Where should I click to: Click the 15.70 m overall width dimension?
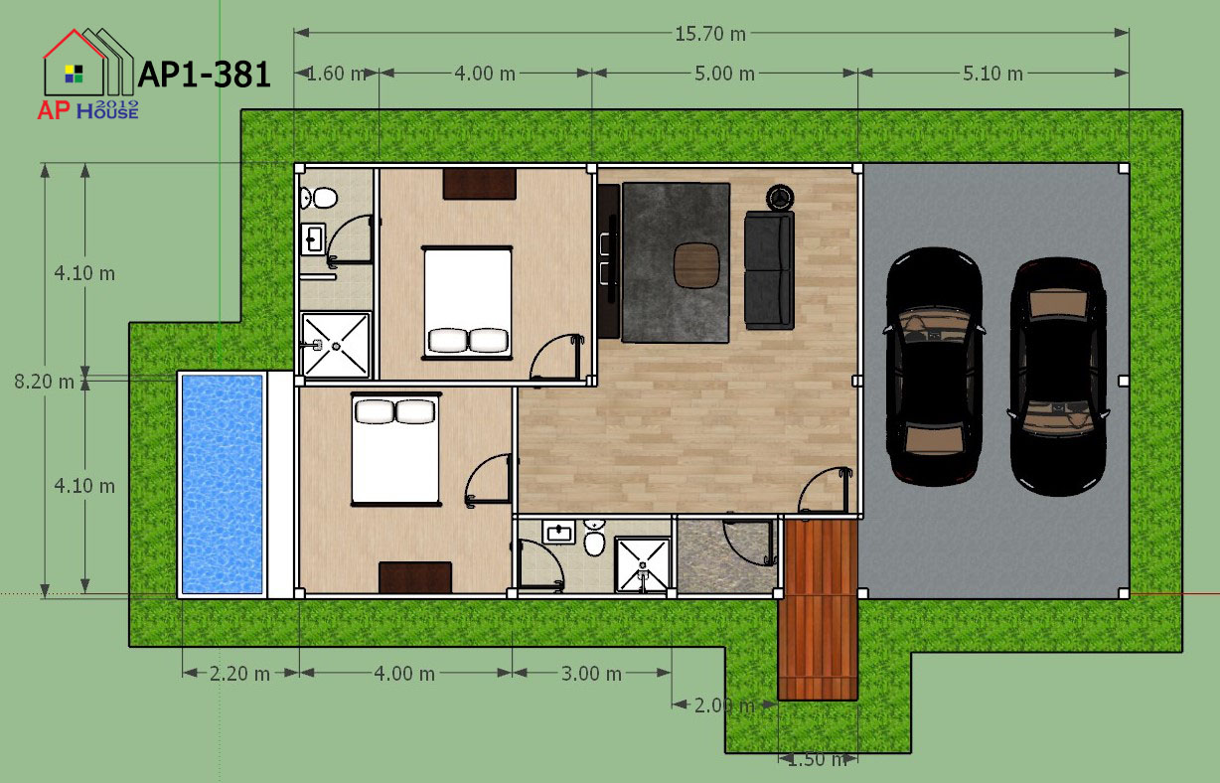[x=709, y=35]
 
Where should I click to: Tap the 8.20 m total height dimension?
[x=44, y=382]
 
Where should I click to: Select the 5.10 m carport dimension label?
[x=992, y=74]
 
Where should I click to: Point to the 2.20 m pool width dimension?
[x=239, y=674]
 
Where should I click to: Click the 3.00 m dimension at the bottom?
[x=591, y=674]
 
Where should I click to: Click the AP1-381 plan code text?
[x=205, y=75]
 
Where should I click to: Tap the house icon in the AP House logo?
[x=88, y=63]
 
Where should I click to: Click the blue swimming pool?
[x=222, y=484]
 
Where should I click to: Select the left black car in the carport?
[x=934, y=367]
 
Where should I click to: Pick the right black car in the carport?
[x=1058, y=377]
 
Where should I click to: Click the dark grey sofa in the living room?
[x=769, y=270]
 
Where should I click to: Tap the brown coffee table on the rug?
[x=696, y=265]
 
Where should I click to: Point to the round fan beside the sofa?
[x=780, y=198]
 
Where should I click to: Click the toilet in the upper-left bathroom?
[x=319, y=199]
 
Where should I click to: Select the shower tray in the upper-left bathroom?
[x=336, y=345]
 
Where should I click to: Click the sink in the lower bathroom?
[x=558, y=532]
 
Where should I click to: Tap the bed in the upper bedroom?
[x=467, y=303]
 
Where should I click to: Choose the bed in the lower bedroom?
[x=395, y=449]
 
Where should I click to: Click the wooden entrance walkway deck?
[x=818, y=609]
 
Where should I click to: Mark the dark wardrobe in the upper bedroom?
[x=479, y=184]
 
